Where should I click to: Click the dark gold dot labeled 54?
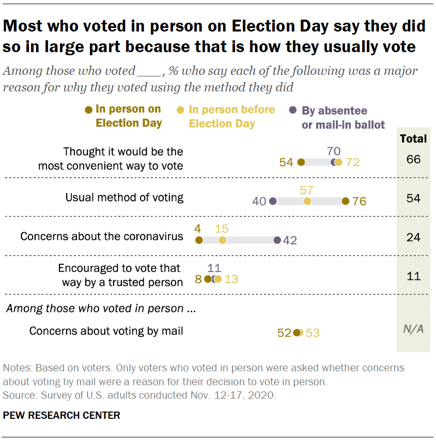(x=301, y=162)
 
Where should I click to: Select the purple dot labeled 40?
(x=273, y=201)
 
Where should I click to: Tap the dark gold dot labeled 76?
(x=346, y=201)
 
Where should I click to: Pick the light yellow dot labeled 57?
(x=307, y=201)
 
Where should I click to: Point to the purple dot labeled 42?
(x=277, y=240)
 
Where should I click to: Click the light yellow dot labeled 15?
(x=222, y=240)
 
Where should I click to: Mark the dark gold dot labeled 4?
(x=198, y=240)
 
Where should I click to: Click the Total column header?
(x=413, y=138)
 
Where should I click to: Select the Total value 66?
(x=413, y=159)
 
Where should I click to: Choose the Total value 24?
(x=413, y=238)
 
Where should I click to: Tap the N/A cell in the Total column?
(x=413, y=329)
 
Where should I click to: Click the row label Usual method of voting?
(x=124, y=197)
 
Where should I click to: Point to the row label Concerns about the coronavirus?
(x=102, y=237)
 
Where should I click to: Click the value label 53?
(x=313, y=333)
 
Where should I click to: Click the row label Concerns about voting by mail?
(x=106, y=331)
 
